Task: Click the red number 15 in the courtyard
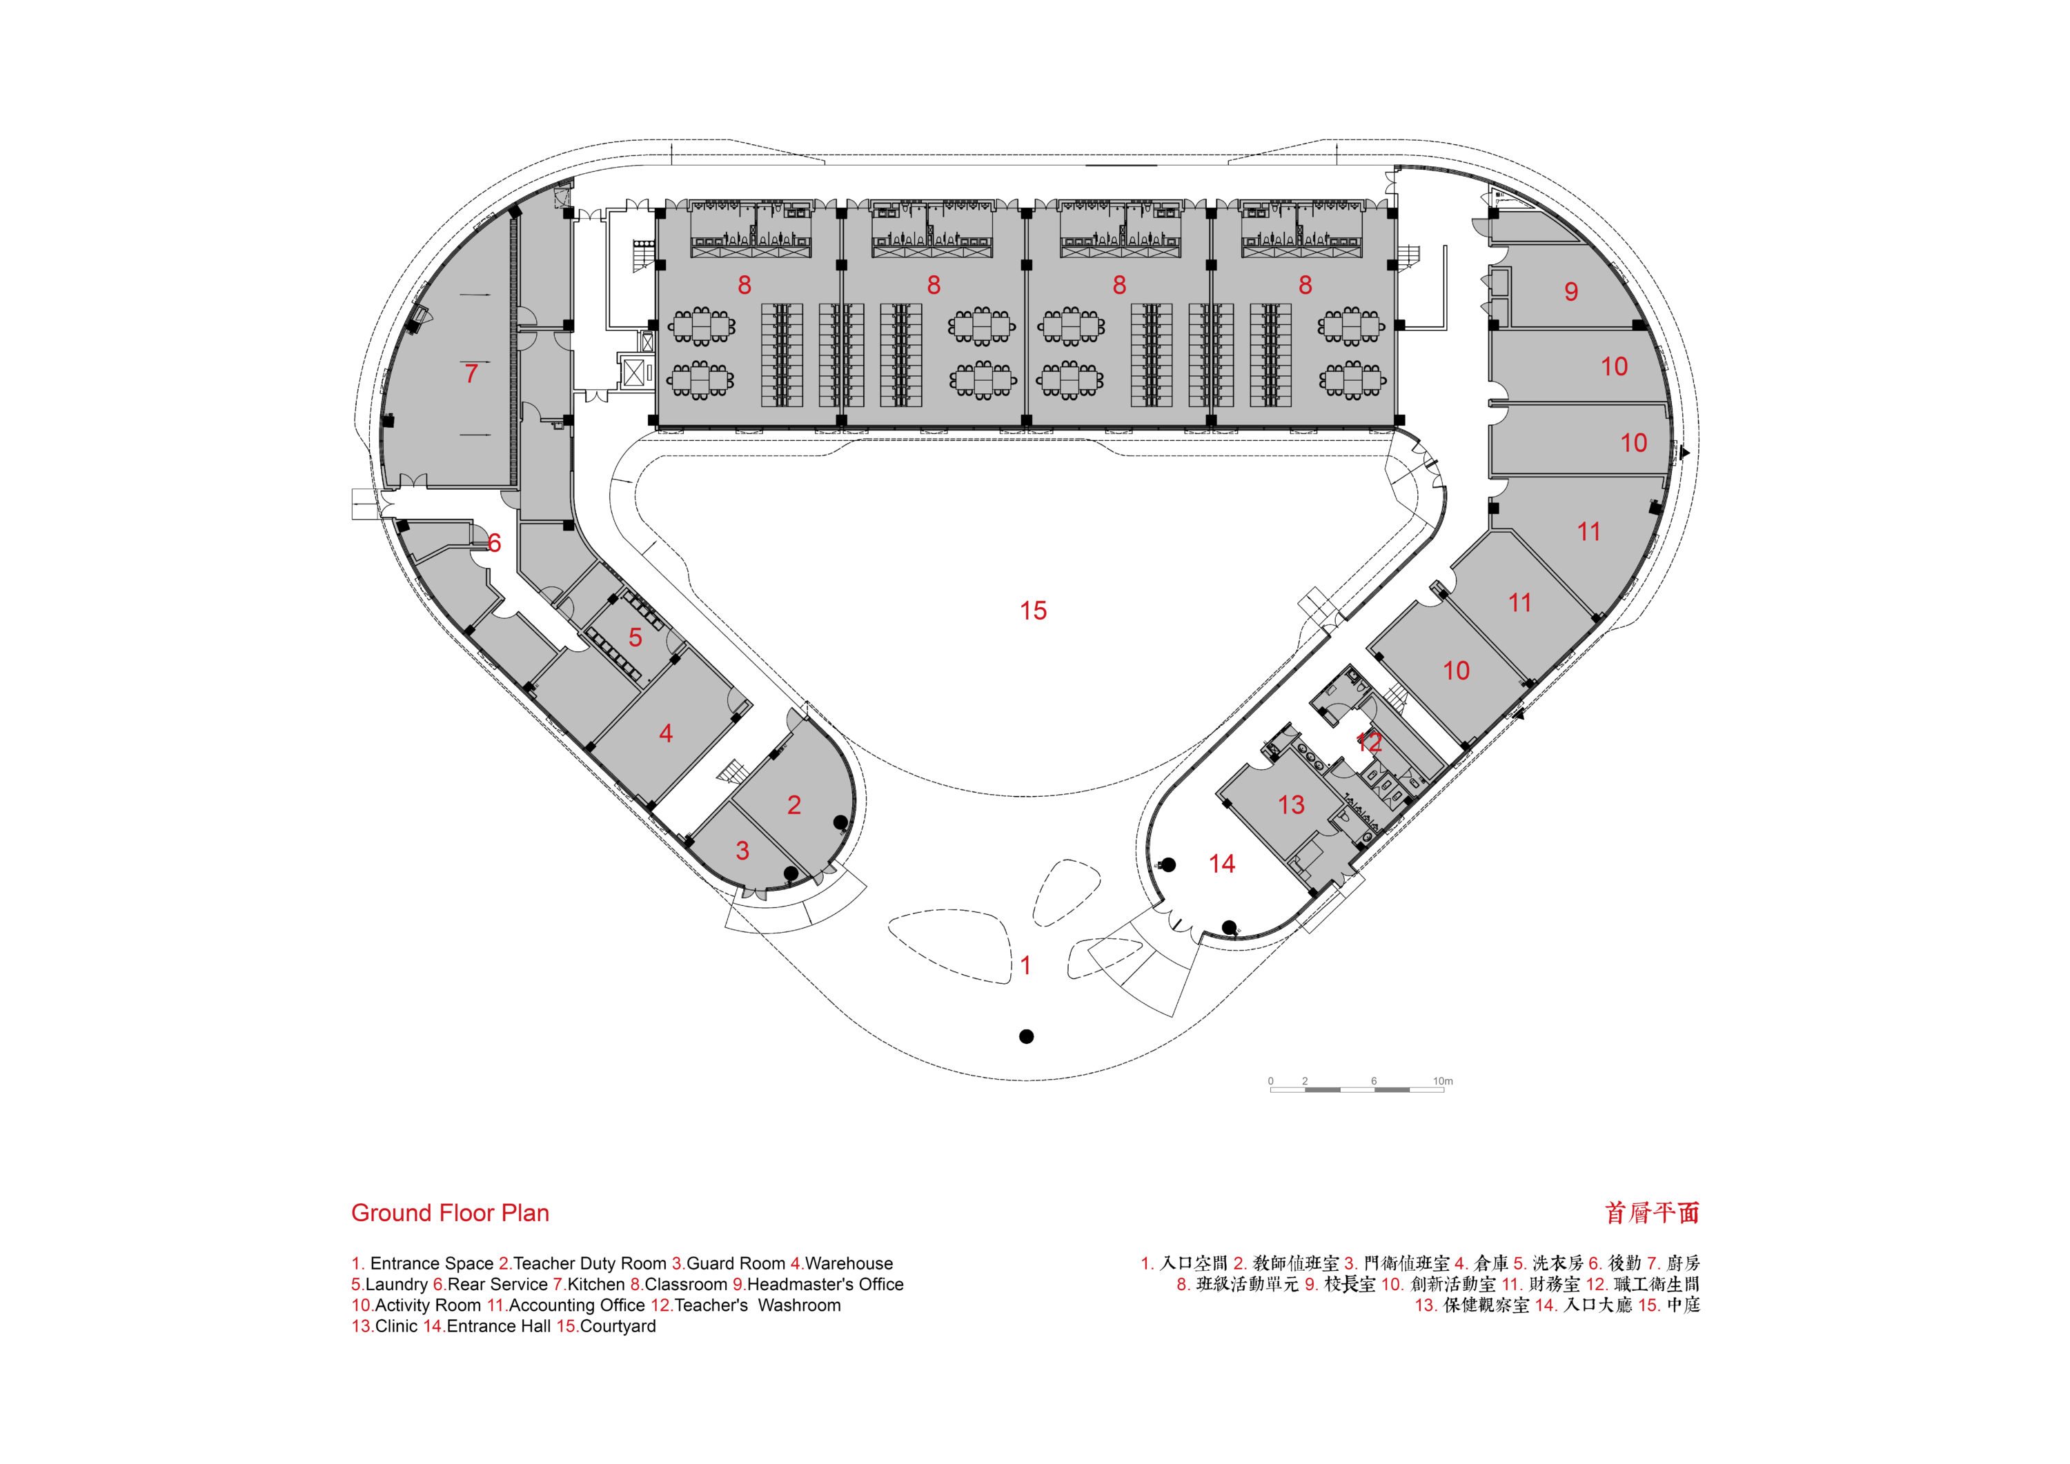pos(1033,611)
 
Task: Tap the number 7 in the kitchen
pos(471,373)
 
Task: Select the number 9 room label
pos(1571,291)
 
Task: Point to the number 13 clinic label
pos(1291,804)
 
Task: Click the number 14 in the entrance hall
pos(1221,864)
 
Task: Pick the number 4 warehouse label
pos(665,733)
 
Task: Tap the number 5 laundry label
pos(635,637)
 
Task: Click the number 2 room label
pos(793,804)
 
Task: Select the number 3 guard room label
pos(742,850)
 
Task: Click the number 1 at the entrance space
pos(1025,965)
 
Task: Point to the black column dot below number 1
pos(1026,1037)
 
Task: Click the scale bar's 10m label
pos(1443,1081)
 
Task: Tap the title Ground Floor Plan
pos(450,1214)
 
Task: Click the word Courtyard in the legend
pos(618,1326)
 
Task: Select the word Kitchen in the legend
pos(596,1285)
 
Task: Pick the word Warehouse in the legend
pos(849,1264)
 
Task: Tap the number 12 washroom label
pos(1368,742)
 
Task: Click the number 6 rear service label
pos(494,543)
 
